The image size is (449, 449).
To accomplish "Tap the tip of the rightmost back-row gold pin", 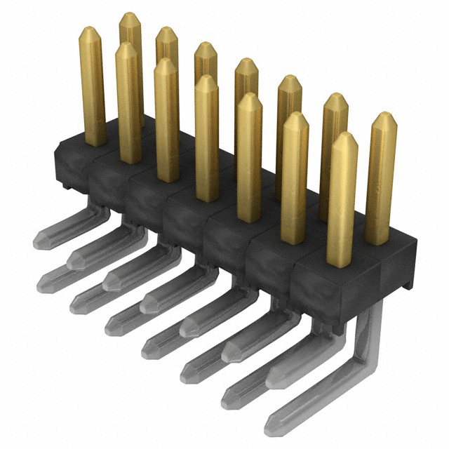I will (x=384, y=115).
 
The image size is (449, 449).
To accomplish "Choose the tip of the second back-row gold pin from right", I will (x=335, y=96).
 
